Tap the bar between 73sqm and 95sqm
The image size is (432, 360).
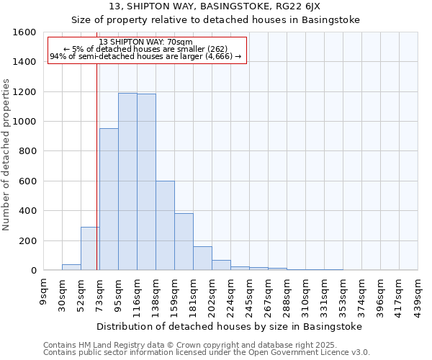[x=109, y=199]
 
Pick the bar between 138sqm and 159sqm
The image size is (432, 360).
[x=165, y=225]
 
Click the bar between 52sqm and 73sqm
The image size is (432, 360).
[x=90, y=248]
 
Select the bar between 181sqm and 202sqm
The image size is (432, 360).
[x=202, y=258]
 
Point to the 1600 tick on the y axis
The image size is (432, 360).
[x=25, y=32]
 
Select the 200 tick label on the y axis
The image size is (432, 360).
[x=28, y=240]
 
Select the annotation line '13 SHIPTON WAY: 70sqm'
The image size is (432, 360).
[x=145, y=42]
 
